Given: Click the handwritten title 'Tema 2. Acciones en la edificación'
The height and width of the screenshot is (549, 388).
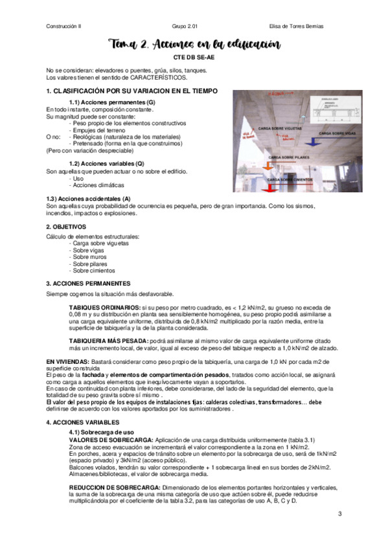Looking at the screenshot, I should click(194, 45).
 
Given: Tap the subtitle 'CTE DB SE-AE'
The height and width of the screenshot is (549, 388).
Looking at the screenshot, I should click(194, 58).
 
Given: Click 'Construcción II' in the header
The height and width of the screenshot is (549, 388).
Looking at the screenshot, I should click(63, 26).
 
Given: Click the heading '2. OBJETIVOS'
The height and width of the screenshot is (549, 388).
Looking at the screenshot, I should click(66, 227).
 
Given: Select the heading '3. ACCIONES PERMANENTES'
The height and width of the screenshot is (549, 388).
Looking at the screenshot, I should click(87, 284).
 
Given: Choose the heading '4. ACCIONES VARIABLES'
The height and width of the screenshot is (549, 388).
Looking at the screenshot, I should click(83, 421).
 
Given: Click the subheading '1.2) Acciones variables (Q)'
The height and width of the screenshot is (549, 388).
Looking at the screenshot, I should click(106, 164).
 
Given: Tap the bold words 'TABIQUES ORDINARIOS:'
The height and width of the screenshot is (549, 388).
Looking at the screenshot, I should click(104, 306).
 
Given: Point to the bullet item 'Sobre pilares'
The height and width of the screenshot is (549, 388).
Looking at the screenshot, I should click(91, 264).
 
